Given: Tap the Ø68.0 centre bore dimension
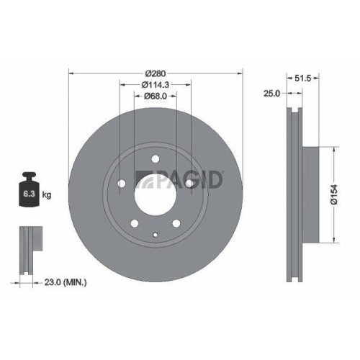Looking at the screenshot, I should (x=156, y=96).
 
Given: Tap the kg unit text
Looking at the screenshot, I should (x=47, y=195).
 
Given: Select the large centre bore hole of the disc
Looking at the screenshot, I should (x=156, y=195).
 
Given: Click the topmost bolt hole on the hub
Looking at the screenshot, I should (x=156, y=160).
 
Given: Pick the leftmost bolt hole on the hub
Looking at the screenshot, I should (x=122, y=184).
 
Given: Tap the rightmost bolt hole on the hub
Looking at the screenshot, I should (x=189, y=184).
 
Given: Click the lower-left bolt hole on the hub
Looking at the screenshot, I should (x=135, y=224).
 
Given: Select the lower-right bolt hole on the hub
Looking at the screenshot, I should (x=176, y=224).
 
